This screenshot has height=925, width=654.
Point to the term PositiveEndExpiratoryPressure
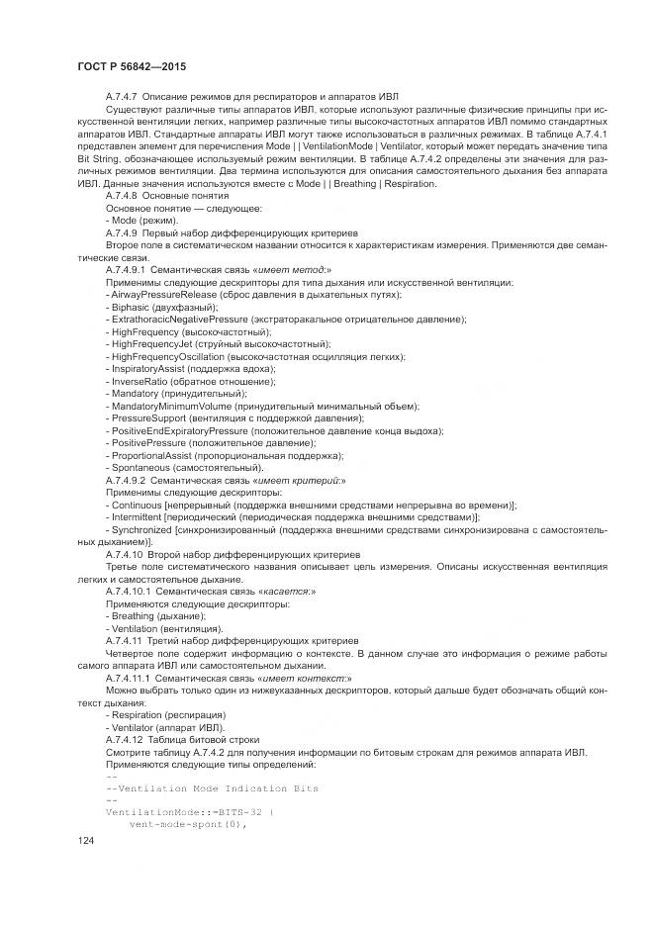coord(180,430)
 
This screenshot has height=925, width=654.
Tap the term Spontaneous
coord(142,467)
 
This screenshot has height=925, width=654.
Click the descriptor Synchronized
coord(140,529)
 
